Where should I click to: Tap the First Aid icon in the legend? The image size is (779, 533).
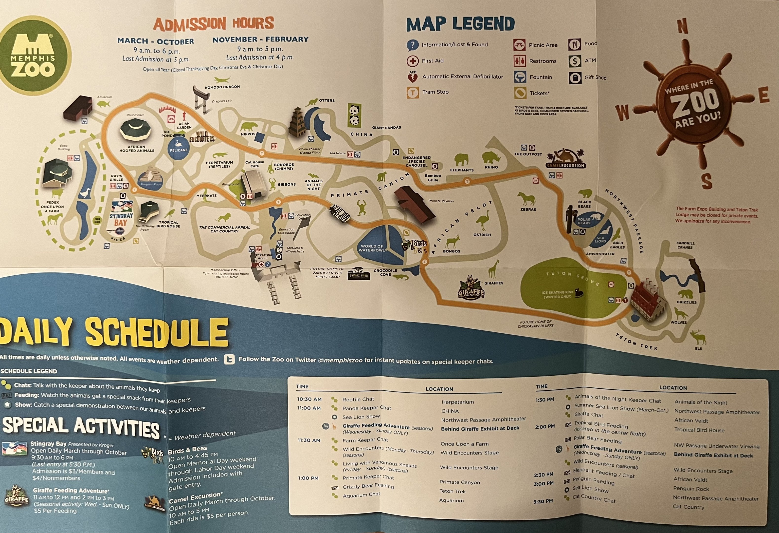pyautogui.click(x=412, y=61)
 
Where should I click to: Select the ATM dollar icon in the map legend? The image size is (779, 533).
pyautogui.click(x=575, y=61)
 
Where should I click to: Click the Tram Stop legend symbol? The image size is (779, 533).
pyautogui.click(x=413, y=92)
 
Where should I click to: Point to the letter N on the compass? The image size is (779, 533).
pyautogui.click(x=683, y=27)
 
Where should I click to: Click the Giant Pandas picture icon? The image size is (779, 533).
pyautogui.click(x=354, y=115)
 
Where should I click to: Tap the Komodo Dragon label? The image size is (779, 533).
pyautogui.click(x=222, y=87)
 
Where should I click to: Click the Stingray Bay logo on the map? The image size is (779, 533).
pyautogui.click(x=121, y=215)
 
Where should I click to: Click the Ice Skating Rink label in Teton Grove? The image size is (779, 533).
pyautogui.click(x=557, y=294)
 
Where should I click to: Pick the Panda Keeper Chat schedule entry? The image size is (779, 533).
pyautogui.click(x=366, y=408)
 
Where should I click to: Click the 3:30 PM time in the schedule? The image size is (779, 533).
pyautogui.click(x=543, y=501)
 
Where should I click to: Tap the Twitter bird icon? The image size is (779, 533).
pyautogui.click(x=229, y=359)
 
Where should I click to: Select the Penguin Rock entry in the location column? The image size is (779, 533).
pyautogui.click(x=691, y=489)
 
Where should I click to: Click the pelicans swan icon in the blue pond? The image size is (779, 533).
pyautogui.click(x=178, y=143)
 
